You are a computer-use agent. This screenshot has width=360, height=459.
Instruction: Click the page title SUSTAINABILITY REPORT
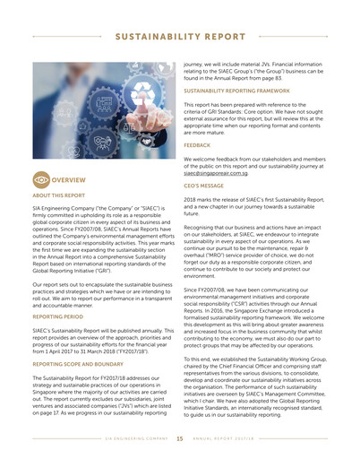[180, 37]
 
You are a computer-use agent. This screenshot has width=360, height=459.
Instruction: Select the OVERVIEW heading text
[69, 179]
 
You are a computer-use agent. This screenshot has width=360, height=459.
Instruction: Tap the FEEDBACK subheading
[197, 144]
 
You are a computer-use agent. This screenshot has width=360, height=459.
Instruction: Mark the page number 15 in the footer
[180, 439]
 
